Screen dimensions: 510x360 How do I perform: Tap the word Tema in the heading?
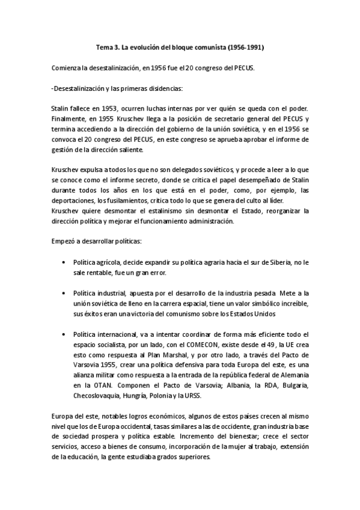click(x=105, y=46)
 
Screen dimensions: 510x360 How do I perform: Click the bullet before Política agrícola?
click(x=64, y=263)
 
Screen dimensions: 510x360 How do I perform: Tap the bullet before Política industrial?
click(x=64, y=293)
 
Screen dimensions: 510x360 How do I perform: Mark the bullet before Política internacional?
click(x=64, y=334)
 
